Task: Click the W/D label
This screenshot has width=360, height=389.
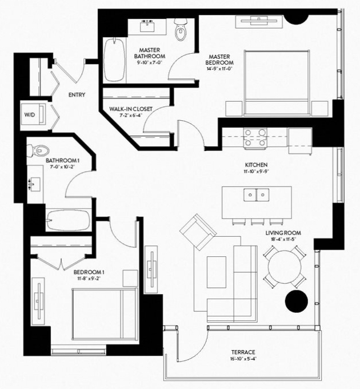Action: (x=30, y=114)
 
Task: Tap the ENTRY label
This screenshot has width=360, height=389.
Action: (x=77, y=95)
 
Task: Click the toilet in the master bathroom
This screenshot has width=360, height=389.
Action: (x=180, y=29)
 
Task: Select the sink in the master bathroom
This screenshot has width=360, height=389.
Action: (x=147, y=26)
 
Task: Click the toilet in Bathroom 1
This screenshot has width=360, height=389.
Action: (x=38, y=150)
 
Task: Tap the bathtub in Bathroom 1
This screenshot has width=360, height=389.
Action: (x=68, y=220)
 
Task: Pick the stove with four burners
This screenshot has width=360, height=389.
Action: (x=255, y=138)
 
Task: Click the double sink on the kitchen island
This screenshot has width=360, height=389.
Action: (x=257, y=194)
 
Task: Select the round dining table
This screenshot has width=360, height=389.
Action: (x=285, y=267)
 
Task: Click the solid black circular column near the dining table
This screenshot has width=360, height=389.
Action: (x=297, y=301)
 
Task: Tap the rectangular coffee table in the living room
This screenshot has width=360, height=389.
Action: (x=217, y=272)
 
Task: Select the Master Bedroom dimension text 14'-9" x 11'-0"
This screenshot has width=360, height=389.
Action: (x=219, y=69)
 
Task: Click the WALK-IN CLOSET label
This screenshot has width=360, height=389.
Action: (x=131, y=109)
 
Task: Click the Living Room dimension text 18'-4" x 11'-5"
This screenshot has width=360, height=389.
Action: (x=283, y=239)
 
